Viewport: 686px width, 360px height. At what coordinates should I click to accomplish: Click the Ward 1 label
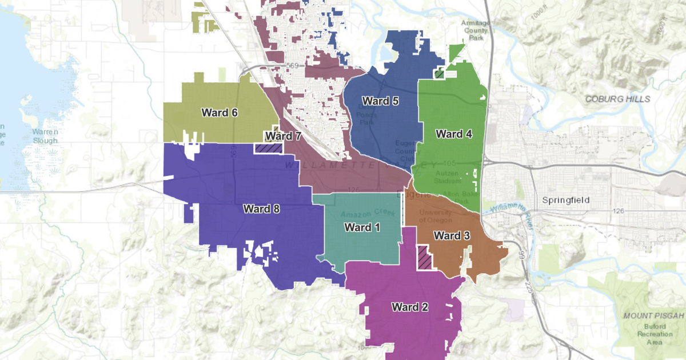(x=362, y=227)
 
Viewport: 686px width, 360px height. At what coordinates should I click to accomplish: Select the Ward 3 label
(x=452, y=235)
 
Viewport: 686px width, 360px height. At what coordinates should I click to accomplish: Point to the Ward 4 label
(x=454, y=134)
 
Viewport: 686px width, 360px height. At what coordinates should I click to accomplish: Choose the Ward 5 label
(x=380, y=101)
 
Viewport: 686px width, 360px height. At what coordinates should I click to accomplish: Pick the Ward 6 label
(x=220, y=113)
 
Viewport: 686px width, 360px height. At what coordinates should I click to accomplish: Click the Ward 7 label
(x=282, y=136)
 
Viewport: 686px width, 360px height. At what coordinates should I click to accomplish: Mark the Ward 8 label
(x=261, y=209)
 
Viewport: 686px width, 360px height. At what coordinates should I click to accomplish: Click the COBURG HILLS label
(x=617, y=99)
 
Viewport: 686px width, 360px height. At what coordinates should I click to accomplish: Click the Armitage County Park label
(x=477, y=30)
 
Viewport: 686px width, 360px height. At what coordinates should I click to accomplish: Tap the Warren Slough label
(x=42, y=135)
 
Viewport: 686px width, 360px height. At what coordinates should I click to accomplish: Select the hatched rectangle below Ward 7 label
(x=268, y=148)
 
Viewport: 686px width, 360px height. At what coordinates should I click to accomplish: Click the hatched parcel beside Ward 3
(x=424, y=257)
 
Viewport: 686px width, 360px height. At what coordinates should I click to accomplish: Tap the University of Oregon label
(x=435, y=216)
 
